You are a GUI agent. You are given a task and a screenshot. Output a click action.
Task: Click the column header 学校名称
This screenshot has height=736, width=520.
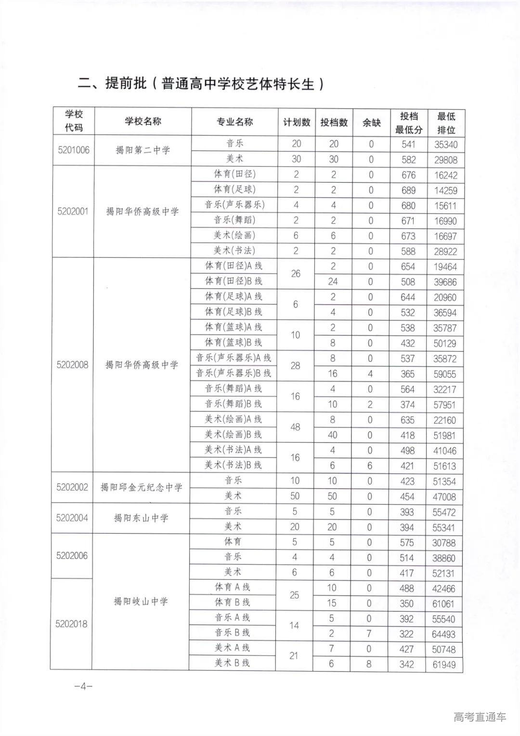(143, 121)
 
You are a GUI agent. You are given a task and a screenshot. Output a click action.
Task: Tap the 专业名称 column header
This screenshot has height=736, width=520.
(234, 122)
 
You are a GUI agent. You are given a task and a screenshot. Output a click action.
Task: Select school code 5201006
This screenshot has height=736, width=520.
(74, 150)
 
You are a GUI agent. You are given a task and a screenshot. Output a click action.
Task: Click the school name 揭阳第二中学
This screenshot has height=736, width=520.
(143, 150)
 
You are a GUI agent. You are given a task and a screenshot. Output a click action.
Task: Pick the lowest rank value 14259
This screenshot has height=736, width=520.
(445, 190)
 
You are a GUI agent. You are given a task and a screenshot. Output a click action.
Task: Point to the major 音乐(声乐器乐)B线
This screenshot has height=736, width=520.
(234, 373)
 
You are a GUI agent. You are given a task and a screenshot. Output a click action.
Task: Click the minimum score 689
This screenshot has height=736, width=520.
(408, 190)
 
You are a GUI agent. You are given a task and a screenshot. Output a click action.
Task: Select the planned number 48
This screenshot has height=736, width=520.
(295, 427)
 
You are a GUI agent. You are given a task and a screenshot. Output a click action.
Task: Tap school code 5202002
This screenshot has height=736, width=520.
(72, 487)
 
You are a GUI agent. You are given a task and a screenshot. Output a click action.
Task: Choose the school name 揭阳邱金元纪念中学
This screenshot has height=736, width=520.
(142, 487)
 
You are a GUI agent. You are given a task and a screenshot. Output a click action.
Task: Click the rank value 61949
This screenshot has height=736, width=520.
(443, 665)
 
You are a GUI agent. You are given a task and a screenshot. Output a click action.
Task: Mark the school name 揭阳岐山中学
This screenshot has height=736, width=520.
(141, 601)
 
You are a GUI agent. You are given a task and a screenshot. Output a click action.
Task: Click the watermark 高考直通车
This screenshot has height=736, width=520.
(480, 717)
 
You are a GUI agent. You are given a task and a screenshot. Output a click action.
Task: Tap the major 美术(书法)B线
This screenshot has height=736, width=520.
(234, 465)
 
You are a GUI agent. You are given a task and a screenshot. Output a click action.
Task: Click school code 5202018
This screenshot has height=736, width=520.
(72, 624)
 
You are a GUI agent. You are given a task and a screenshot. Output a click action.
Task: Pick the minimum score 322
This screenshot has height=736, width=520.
(407, 634)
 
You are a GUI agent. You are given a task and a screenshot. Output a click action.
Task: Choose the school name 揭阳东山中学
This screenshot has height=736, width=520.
(141, 518)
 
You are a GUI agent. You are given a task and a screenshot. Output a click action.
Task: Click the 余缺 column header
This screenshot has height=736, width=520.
(371, 122)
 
